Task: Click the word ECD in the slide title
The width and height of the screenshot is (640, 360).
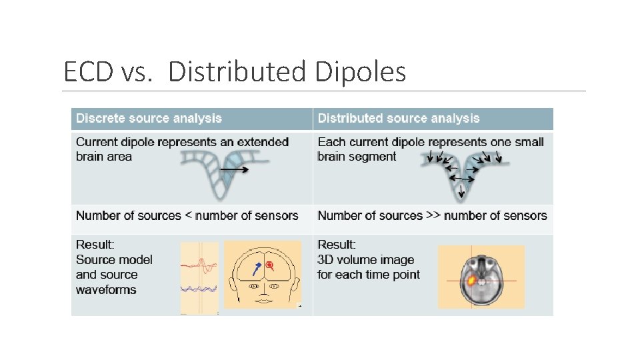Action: click(x=89, y=71)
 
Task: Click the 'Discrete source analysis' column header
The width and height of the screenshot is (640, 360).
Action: click(x=149, y=119)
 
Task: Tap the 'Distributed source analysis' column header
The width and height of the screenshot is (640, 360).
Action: click(x=399, y=119)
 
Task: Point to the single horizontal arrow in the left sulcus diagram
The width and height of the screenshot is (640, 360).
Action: click(x=235, y=170)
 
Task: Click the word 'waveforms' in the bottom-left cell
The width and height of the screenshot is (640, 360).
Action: click(x=106, y=290)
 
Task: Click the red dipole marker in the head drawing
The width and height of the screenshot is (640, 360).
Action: click(x=269, y=266)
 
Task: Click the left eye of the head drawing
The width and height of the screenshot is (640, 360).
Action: click(x=254, y=286)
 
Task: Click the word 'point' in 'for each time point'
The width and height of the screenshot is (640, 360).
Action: click(x=405, y=275)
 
